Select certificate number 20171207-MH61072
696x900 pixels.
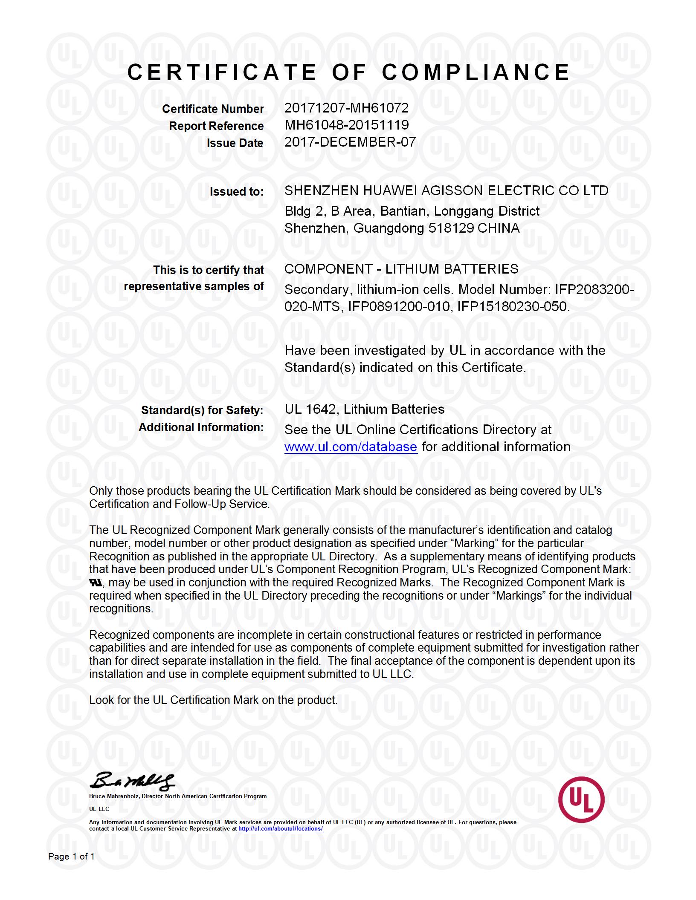click(x=346, y=108)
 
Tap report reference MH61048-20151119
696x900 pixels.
click(x=346, y=125)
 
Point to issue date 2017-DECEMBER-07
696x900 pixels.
click(x=350, y=142)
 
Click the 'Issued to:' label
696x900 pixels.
click(x=237, y=192)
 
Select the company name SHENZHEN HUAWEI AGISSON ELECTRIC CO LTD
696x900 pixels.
click(x=446, y=190)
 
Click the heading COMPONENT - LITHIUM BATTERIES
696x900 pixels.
click(x=401, y=269)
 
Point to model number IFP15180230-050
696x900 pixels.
click(x=513, y=306)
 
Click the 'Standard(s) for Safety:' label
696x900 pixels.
click(x=202, y=410)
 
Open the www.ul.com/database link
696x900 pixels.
click(x=351, y=447)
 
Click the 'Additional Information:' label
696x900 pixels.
click(x=201, y=427)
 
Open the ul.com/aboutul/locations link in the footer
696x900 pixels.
click(x=280, y=829)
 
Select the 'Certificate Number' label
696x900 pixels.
click(x=212, y=109)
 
